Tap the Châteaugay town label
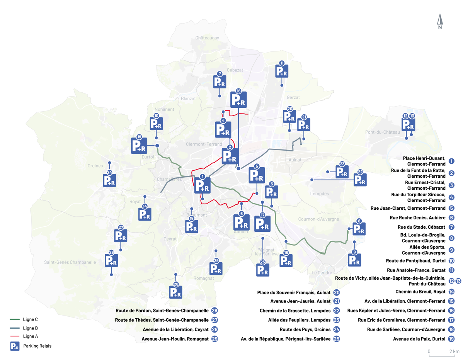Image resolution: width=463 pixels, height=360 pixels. [x=207, y=38]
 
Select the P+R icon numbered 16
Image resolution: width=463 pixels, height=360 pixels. [x=238, y=100]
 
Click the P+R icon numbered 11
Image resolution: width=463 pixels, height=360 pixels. [x=282, y=71]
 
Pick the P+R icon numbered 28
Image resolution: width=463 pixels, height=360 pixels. [x=176, y=292]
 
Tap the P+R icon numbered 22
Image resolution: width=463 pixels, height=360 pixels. [x=360, y=180]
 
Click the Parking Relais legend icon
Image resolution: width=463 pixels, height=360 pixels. [x=15, y=346]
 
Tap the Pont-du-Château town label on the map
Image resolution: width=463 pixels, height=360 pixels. [x=382, y=132]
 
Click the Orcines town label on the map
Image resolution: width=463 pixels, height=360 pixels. [x=95, y=166]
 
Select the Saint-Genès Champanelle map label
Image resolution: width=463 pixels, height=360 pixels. [x=70, y=262]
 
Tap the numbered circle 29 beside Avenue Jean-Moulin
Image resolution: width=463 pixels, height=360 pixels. [x=215, y=339]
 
